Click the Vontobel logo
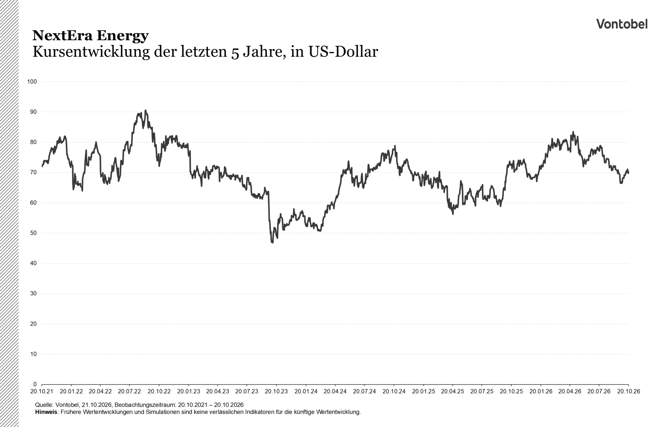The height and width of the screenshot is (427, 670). [x=622, y=24]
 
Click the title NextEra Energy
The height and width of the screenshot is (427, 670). [x=90, y=36]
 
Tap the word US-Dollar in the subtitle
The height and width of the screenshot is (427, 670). [x=343, y=52]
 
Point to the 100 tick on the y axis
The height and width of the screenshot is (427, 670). [x=32, y=82]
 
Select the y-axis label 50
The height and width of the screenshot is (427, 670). [x=33, y=233]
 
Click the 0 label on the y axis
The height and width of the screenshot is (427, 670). [x=35, y=384]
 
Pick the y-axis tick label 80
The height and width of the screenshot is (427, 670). [x=33, y=142]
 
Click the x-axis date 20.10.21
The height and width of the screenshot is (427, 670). [x=42, y=391]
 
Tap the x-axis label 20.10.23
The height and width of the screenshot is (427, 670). [x=276, y=391]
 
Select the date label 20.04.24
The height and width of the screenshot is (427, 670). [x=335, y=391]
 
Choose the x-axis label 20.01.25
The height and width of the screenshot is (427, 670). [x=423, y=391]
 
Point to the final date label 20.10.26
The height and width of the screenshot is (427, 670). [x=628, y=391]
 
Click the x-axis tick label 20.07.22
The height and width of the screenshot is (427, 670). [x=129, y=391]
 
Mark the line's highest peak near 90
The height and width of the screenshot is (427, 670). [x=146, y=110]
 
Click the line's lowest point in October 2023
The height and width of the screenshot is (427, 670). [x=272, y=243]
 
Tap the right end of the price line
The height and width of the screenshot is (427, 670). [x=628, y=173]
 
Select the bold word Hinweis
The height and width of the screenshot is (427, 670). [x=46, y=412]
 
